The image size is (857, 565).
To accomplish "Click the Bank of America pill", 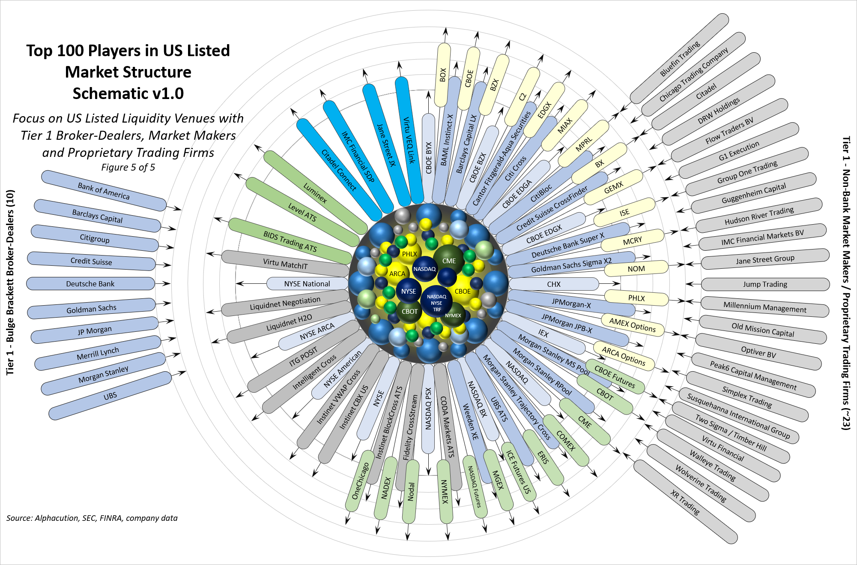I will pos(104,191).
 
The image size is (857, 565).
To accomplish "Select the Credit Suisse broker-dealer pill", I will pos(91,261).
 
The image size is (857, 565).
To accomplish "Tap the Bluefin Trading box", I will pos(680,59).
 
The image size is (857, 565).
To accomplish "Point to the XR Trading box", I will pos(685,502).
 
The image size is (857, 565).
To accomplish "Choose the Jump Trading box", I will pos(765,284).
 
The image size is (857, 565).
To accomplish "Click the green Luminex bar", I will pos(315,193).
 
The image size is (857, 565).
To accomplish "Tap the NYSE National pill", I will pos(307,284).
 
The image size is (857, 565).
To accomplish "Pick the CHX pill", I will pos(554,284).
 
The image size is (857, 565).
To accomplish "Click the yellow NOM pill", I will pos(636,269).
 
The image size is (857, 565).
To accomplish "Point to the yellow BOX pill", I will pos(443,75).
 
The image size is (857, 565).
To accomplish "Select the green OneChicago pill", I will pos(360,481).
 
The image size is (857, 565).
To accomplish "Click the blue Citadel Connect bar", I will pos(339,170).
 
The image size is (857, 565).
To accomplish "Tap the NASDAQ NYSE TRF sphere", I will pos(436,303).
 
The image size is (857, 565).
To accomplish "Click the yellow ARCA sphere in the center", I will pos(397,273).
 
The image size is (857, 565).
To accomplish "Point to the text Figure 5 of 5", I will pos(128,167).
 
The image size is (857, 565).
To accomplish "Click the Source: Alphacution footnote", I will pos(92,518).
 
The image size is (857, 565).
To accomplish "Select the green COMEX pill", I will pos(566,440).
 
